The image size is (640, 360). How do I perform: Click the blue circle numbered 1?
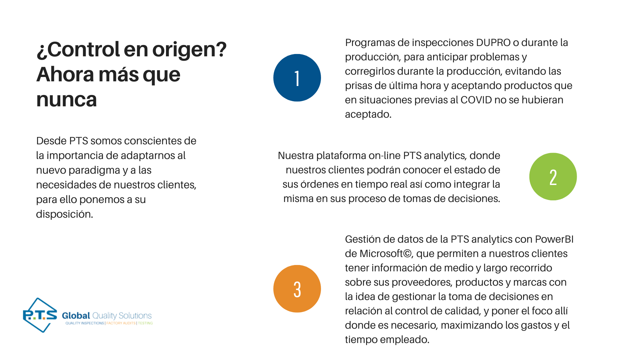tap(297, 78)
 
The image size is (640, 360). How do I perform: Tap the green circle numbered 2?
tap(553, 177)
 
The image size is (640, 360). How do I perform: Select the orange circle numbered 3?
tap(297, 289)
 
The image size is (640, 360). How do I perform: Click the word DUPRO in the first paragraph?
tap(493, 43)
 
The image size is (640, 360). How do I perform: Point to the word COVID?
tap(476, 100)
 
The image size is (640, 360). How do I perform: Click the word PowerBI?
tap(554, 239)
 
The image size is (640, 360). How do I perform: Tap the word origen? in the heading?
tap(189, 50)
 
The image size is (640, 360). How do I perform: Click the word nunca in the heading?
tap(67, 100)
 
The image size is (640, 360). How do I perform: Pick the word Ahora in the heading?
tap(65, 74)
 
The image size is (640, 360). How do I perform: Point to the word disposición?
tap(64, 214)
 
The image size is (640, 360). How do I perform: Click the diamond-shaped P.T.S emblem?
tap(40, 315)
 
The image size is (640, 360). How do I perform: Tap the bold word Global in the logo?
tap(76, 316)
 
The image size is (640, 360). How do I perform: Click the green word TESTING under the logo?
tap(145, 323)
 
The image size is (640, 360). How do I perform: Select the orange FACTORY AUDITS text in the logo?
tap(121, 323)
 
